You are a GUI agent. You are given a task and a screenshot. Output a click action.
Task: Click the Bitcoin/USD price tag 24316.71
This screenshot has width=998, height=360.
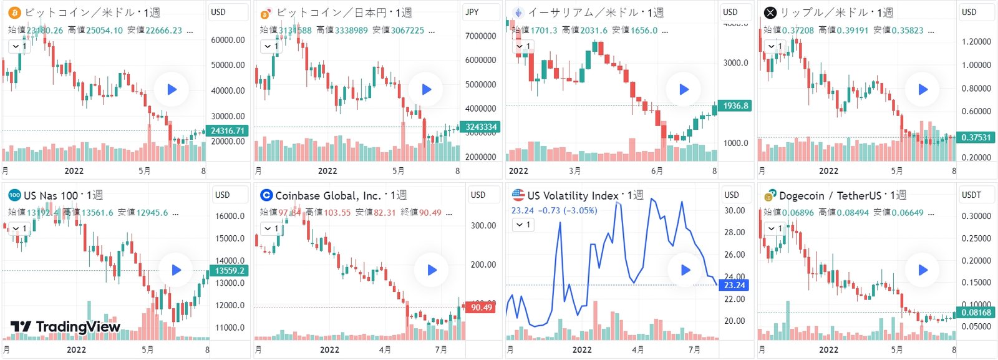pyautogui.click(x=228, y=130)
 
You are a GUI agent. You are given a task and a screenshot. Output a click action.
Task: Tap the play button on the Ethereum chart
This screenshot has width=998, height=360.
pyautogui.click(x=684, y=89)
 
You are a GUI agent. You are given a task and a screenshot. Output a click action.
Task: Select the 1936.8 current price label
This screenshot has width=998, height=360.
pyautogui.click(x=735, y=106)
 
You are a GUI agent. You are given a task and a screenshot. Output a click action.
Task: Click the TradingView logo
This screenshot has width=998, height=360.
pyautogui.click(x=65, y=326)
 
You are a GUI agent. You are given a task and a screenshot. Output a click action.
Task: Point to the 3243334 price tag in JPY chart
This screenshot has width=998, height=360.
pyautogui.click(x=481, y=127)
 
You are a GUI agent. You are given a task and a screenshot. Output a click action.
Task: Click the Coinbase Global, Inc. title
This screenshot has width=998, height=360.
pyautogui.click(x=327, y=195)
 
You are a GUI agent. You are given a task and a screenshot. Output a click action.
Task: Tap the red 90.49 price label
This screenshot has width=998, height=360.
pyautogui.click(x=481, y=307)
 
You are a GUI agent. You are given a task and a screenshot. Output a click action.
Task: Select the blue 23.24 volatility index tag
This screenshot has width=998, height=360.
pyautogui.click(x=734, y=285)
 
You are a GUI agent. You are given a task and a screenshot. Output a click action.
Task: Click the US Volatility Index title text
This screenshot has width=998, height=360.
pyautogui.click(x=573, y=195)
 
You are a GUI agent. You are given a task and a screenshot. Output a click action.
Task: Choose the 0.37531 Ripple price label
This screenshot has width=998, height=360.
pyautogui.click(x=976, y=137)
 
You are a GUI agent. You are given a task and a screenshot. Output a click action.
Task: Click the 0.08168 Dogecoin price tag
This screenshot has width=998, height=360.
pyautogui.click(x=976, y=313)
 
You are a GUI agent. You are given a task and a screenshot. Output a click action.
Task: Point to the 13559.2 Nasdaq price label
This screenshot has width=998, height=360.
pyautogui.click(x=230, y=271)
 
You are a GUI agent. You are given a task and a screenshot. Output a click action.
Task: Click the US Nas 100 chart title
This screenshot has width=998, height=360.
pyautogui.click(x=51, y=195)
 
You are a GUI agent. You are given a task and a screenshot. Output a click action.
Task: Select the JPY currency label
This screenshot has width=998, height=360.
pyautogui.click(x=472, y=12)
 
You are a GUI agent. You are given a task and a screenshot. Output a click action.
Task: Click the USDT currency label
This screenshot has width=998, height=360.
pyautogui.click(x=971, y=195)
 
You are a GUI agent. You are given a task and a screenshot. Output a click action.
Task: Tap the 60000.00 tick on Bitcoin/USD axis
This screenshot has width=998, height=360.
pyautogui.click(x=228, y=40)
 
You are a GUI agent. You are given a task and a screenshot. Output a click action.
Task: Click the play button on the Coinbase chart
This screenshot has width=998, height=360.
pyautogui.click(x=432, y=270)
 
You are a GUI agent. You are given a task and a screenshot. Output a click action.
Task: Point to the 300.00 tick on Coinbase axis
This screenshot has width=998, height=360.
pyautogui.click(x=483, y=225)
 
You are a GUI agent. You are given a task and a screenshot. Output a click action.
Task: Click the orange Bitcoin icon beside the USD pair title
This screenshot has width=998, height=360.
pyautogui.click(x=14, y=12)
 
